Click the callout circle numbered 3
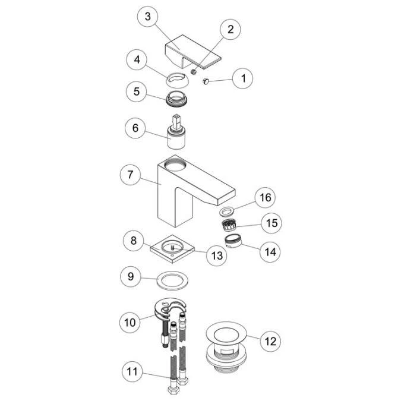pos(147,17)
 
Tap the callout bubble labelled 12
pos(270,342)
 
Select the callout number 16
pos(265,197)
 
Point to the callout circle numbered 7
pos(131,175)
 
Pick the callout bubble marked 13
pos(217,255)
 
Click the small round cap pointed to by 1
pos(206,81)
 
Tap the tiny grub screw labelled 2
pos(194,72)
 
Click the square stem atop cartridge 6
pos(176,121)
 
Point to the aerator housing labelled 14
pos(233,241)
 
